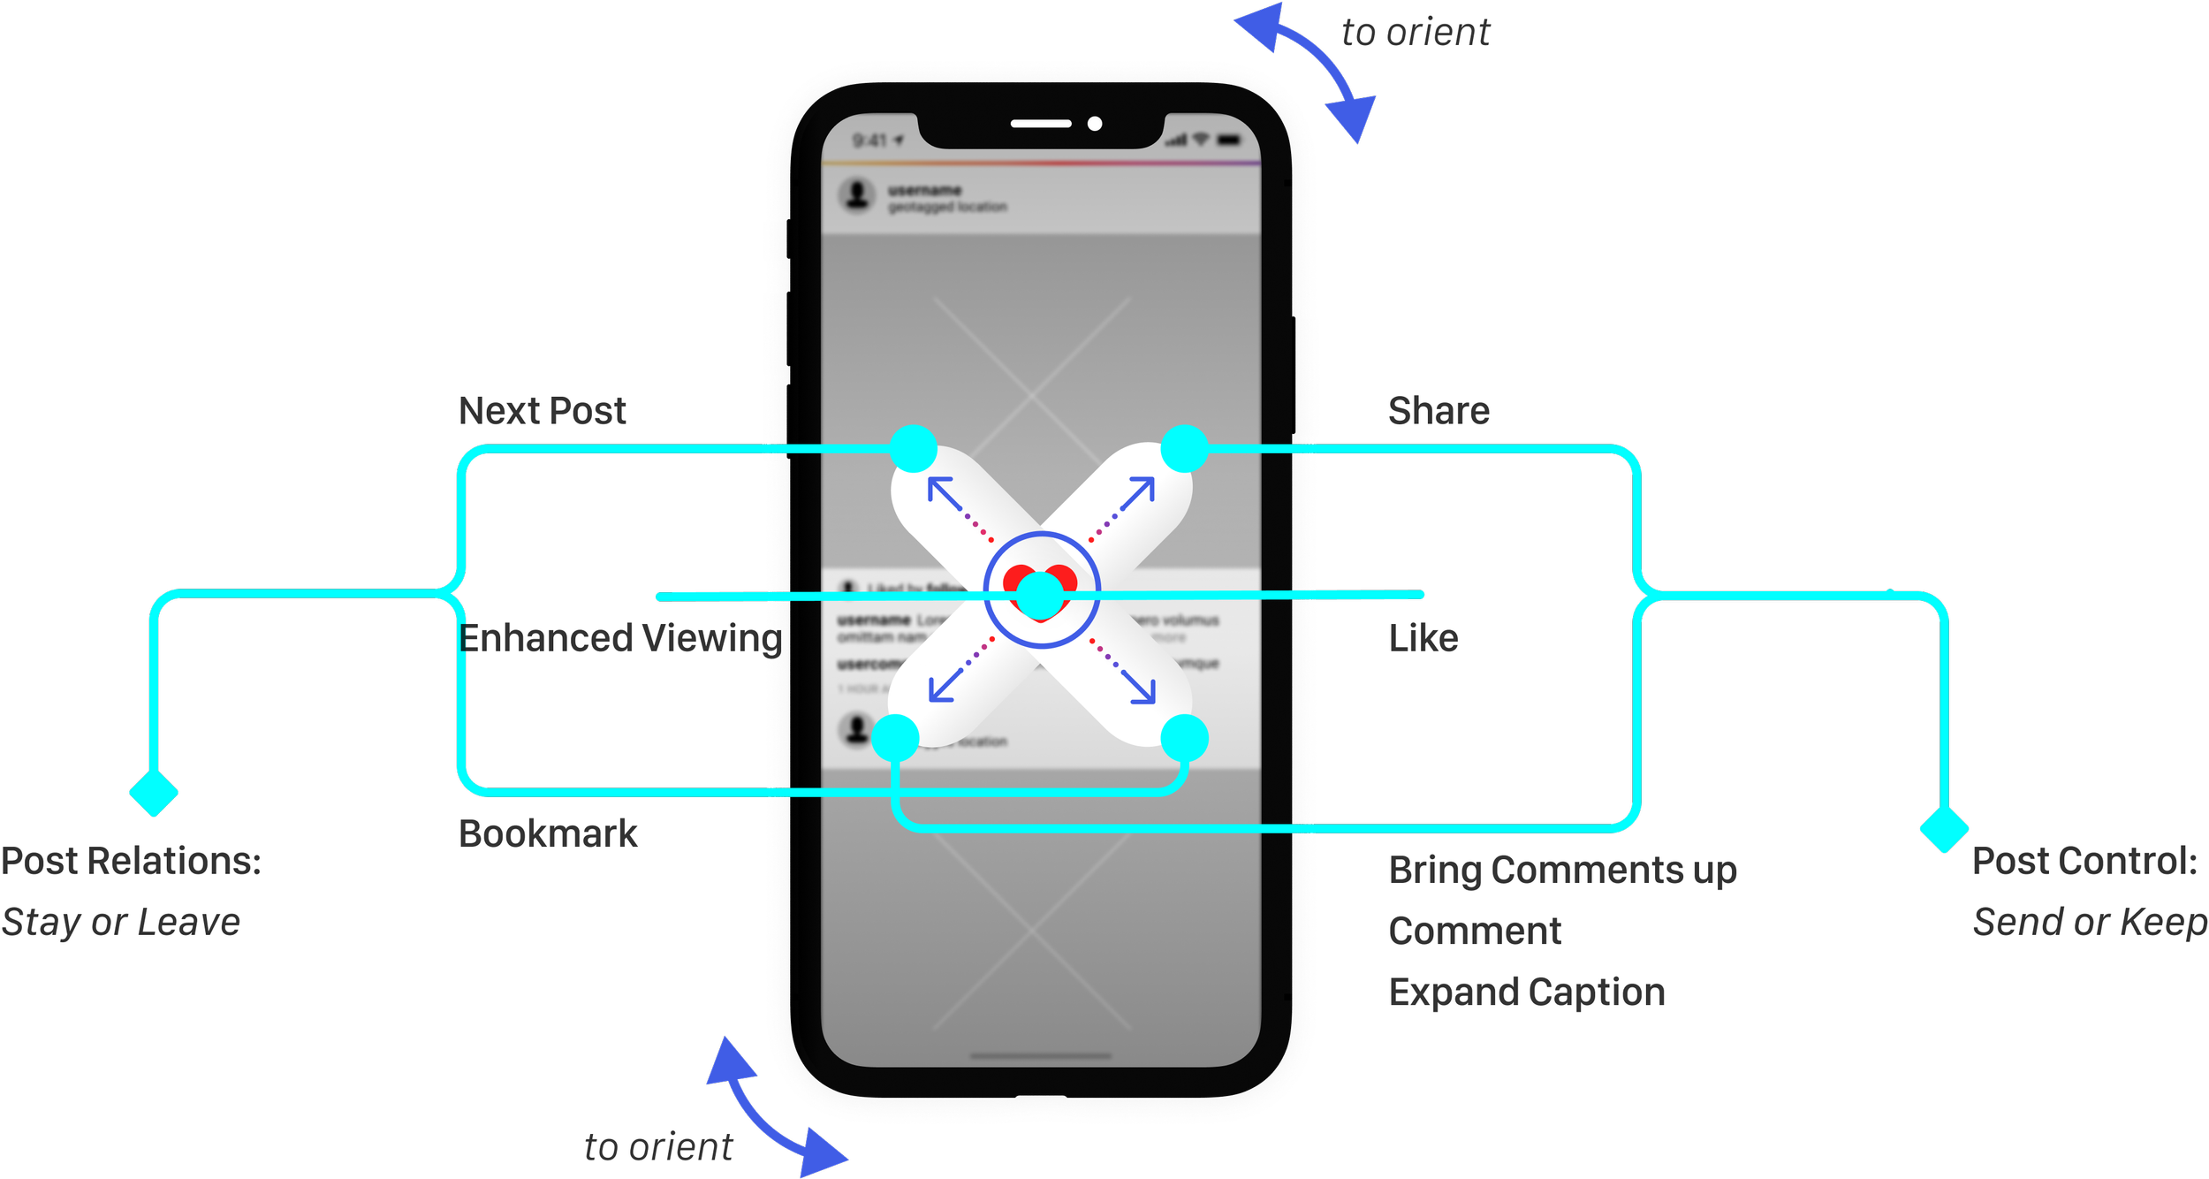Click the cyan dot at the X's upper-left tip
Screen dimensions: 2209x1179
pos(913,448)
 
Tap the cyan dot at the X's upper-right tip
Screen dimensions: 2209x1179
pos(1184,448)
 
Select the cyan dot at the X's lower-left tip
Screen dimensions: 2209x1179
pos(895,738)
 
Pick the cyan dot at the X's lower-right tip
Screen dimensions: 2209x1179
pos(1184,738)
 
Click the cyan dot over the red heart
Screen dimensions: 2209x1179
pos(1041,595)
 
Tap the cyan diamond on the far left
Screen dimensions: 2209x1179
pos(154,793)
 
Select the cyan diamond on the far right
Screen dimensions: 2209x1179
pos(1945,831)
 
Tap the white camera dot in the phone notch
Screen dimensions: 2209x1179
pos(1095,124)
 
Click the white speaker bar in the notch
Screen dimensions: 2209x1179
pos(1041,124)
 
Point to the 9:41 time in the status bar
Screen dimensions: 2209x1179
pos(870,141)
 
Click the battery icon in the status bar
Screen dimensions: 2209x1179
pos(1229,141)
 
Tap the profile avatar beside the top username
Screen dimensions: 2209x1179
pos(856,194)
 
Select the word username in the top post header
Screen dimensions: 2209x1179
pos(924,190)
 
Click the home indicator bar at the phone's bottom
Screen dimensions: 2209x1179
pos(1041,1055)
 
